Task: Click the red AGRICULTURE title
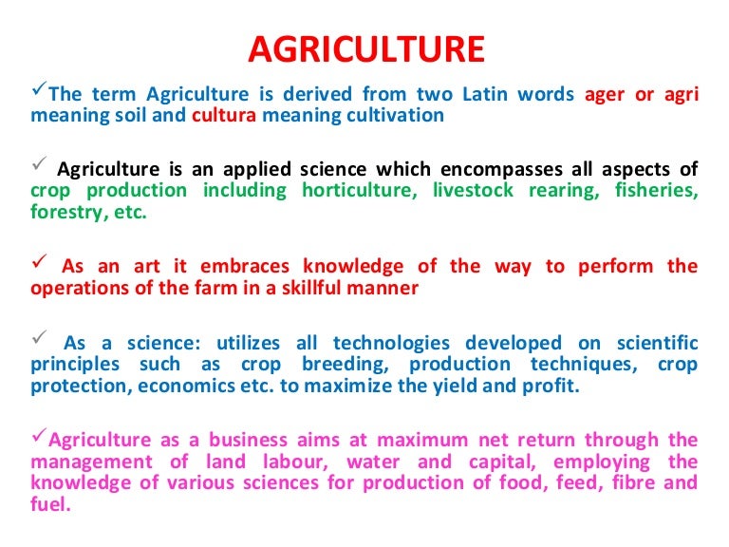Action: coord(366,49)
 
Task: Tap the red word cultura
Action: coord(224,115)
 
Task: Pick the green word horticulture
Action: coord(360,190)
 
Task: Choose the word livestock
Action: coord(474,190)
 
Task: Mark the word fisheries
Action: coord(657,190)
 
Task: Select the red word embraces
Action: coord(245,266)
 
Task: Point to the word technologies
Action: coord(391,344)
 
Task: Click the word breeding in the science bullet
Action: coord(346,365)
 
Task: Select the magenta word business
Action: coord(248,440)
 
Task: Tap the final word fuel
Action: coord(50,503)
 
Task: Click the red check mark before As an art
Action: coord(40,261)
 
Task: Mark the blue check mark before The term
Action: coord(39,87)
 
